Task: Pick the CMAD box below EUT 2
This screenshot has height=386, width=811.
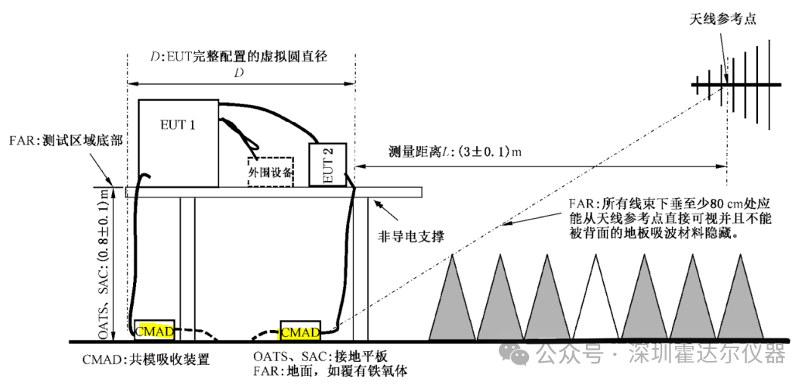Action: click(x=300, y=331)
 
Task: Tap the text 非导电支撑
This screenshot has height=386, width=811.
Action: click(x=411, y=237)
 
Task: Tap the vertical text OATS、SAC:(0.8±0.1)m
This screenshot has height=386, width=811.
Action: click(x=106, y=263)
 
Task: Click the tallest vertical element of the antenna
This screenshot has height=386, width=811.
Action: click(x=770, y=85)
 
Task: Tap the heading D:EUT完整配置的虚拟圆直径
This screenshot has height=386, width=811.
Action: click(x=239, y=57)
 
